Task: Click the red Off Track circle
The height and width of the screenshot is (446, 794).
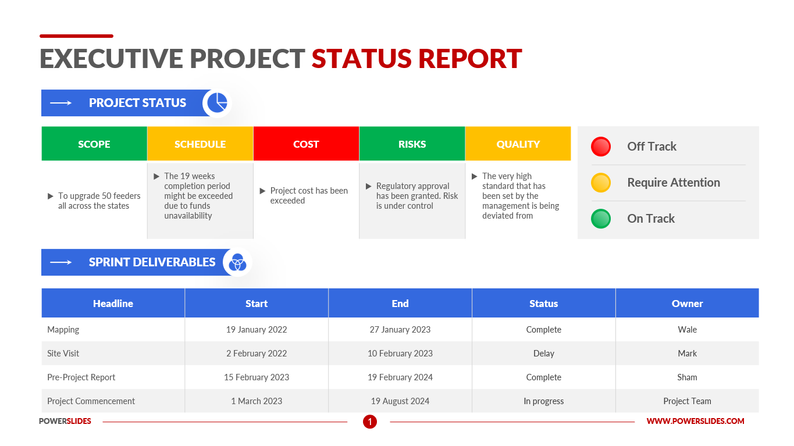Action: (601, 147)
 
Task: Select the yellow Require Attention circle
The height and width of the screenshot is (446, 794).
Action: (601, 183)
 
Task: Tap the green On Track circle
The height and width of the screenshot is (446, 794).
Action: (601, 219)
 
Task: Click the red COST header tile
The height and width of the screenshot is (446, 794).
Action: (306, 144)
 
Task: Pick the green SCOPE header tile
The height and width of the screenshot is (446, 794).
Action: (94, 144)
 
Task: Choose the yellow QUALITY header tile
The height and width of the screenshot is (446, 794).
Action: (518, 144)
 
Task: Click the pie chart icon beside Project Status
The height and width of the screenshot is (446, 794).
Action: (218, 103)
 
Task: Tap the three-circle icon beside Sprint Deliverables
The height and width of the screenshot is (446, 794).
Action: (237, 262)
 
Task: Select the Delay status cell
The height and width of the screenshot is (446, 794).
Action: (543, 354)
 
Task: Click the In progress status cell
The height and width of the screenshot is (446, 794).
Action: (543, 401)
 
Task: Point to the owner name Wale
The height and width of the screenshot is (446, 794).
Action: (687, 330)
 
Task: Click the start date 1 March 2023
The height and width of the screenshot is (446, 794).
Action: (257, 401)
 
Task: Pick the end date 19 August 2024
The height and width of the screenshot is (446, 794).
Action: (400, 401)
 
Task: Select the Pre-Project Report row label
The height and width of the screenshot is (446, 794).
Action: (81, 377)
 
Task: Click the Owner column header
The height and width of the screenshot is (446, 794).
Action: (687, 304)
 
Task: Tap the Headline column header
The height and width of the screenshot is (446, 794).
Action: (113, 304)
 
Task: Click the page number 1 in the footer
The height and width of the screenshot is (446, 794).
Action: (370, 422)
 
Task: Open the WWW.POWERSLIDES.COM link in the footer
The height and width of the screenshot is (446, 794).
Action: (695, 421)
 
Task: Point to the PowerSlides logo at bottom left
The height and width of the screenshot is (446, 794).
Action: (65, 421)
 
